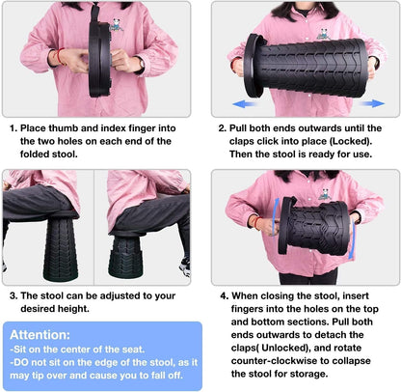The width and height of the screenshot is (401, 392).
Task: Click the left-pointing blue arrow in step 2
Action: coord(244,104)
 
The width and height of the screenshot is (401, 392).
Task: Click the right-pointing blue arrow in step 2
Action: coord(371,103)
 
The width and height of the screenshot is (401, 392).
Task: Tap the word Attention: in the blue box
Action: coord(40,335)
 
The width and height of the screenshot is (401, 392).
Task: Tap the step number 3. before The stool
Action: coord(13,295)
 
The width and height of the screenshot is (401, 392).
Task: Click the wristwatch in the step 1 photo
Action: coord(141,64)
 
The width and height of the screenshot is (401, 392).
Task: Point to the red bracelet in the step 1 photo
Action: coord(60,57)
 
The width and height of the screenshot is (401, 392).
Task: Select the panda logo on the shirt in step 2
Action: coord(324,34)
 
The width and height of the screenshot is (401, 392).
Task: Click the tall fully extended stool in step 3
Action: coord(60,247)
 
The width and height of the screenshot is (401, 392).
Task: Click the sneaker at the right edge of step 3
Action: coord(185,266)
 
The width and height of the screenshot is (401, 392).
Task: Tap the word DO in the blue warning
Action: coord(21,362)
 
